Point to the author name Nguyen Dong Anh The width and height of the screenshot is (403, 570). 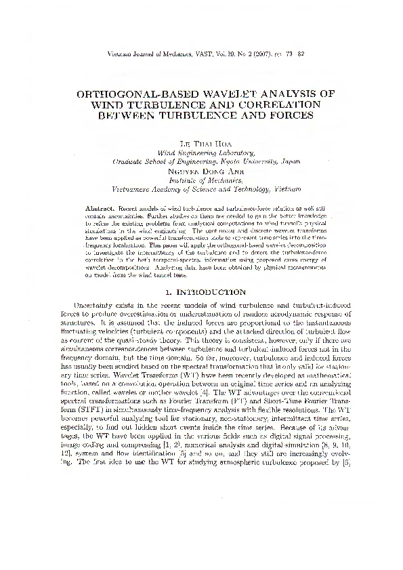click(202, 171)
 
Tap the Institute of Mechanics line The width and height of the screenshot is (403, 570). click(202, 180)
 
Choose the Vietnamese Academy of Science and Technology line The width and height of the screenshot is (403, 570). click(202, 189)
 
